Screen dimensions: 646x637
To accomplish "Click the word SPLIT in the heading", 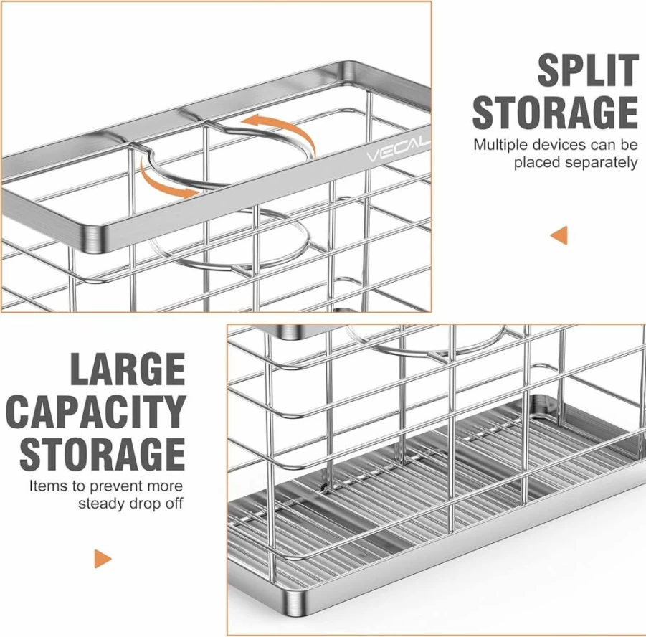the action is click(587, 70).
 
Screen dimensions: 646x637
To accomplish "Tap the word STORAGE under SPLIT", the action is click(555, 112).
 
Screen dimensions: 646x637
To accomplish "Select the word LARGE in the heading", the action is click(128, 369).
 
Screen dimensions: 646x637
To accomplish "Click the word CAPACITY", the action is click(96, 412).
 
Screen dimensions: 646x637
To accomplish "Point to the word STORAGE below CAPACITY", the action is click(103, 454).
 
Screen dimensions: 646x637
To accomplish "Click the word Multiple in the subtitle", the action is click(501, 145).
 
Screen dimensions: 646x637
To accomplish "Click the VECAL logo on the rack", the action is click(399, 150).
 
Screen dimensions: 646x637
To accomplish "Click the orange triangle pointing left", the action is click(559, 235).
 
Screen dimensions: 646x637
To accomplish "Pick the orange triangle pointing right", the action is click(103, 559).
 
